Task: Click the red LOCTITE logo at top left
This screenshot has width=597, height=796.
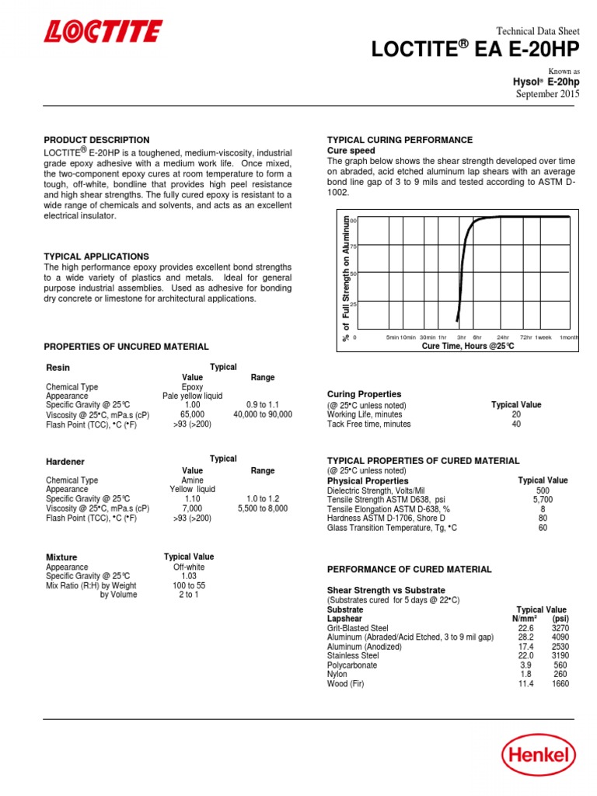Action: [103, 32]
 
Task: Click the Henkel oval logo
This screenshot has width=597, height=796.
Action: [538, 753]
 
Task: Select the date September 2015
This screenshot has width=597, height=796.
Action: [548, 94]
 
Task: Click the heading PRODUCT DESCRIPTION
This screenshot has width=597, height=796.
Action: [97, 140]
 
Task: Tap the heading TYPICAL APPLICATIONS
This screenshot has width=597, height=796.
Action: [96, 256]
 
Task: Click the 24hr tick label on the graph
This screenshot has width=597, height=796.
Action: [503, 338]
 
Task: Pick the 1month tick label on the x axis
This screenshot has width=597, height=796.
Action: [569, 338]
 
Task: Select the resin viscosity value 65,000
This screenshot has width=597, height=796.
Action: [192, 415]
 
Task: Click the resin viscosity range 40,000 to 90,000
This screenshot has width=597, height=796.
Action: [263, 415]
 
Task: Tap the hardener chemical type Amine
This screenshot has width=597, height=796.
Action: [192, 480]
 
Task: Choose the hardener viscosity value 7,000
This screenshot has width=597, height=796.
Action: [192, 508]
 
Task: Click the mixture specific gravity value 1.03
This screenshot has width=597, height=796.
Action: [188, 576]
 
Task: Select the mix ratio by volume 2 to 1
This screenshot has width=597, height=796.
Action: [188, 595]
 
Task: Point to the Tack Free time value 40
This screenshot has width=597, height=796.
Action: [516, 424]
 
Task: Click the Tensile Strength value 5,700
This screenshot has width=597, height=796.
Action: [543, 500]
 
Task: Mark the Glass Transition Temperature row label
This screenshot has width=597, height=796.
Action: [392, 528]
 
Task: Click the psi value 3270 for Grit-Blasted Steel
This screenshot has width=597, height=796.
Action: [560, 628]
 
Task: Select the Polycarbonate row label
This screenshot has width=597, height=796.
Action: [352, 665]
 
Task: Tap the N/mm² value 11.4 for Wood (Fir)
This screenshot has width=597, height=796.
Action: [526, 684]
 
